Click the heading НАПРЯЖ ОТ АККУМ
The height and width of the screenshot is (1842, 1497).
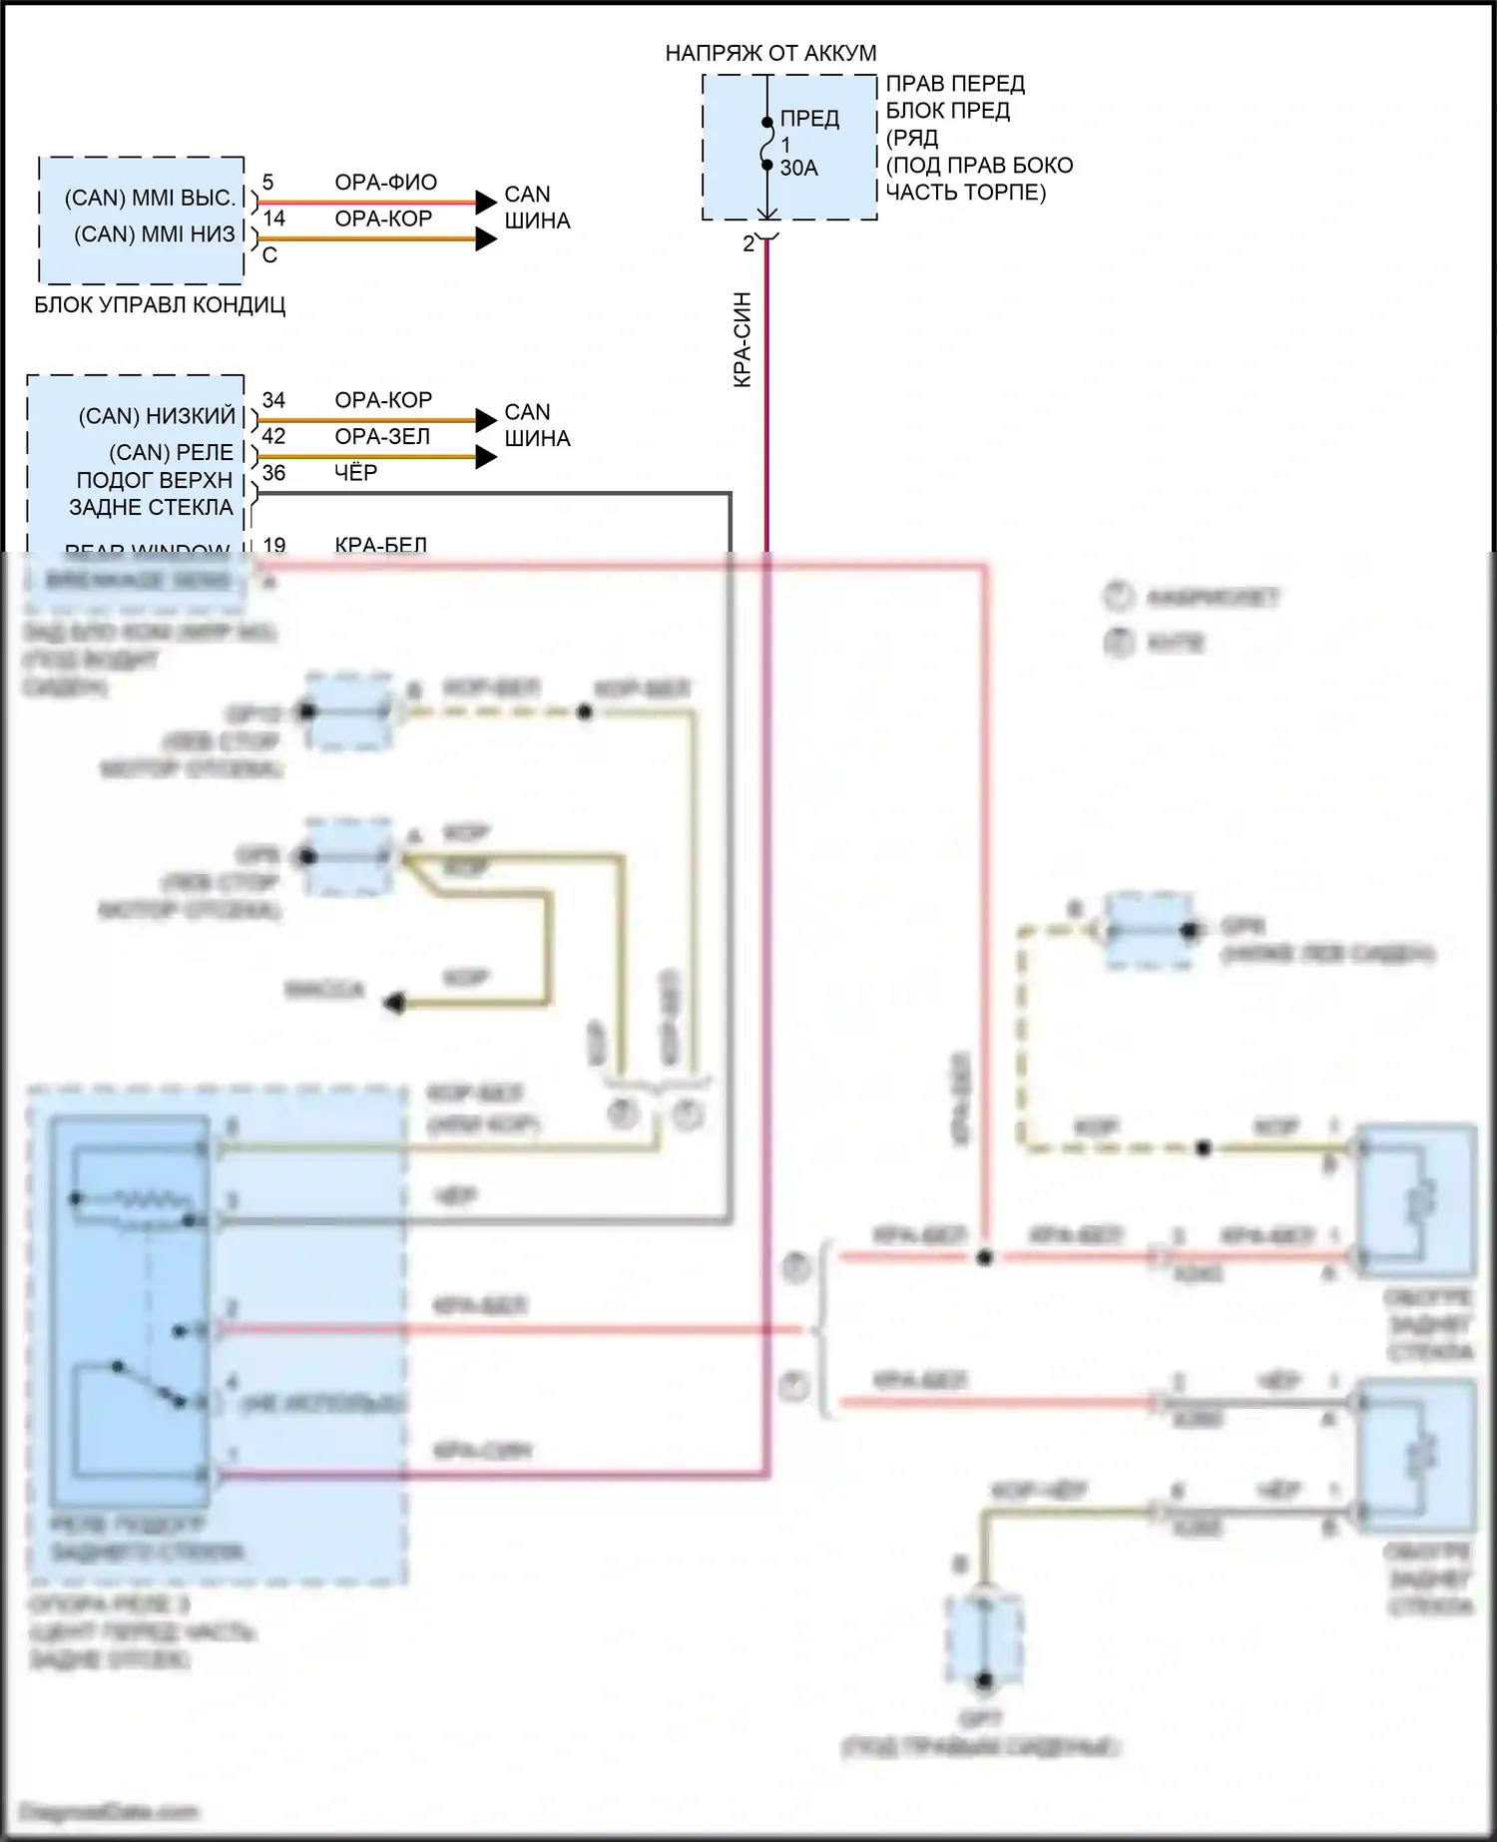[x=770, y=53]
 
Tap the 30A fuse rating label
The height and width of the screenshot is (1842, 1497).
[x=798, y=168]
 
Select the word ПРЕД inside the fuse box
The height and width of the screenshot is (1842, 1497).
[x=809, y=119]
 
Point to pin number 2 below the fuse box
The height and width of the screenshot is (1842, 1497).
[x=748, y=243]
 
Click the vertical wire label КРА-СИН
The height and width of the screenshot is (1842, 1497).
[x=742, y=339]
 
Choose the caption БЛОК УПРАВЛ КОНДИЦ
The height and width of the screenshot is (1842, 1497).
[x=160, y=305]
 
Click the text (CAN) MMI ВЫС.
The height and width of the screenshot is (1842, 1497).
[x=150, y=198]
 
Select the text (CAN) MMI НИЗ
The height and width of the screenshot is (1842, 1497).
[x=155, y=234]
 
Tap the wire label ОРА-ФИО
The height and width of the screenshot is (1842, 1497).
[x=385, y=183]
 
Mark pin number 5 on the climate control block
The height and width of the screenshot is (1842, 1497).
[x=267, y=183]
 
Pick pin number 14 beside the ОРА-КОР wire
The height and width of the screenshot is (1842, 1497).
[x=273, y=219]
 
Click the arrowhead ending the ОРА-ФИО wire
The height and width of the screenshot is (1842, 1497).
[x=486, y=203]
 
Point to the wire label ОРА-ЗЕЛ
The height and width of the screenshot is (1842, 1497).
[x=382, y=437]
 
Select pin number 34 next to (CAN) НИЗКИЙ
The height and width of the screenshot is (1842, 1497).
[x=273, y=400]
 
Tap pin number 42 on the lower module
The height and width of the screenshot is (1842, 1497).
[x=273, y=437]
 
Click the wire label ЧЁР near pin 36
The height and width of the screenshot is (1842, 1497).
[x=355, y=473]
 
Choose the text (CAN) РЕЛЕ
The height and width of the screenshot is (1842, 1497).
[x=171, y=453]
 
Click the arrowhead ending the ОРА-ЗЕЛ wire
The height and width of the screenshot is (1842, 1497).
[x=486, y=458]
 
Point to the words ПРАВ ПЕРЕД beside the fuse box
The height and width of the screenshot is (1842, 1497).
[x=955, y=84]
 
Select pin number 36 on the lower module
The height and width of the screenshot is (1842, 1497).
[x=273, y=473]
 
